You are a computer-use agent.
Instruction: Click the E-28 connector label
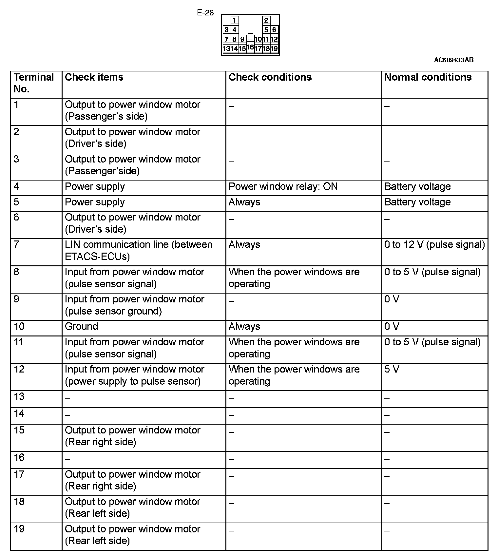tap(205, 13)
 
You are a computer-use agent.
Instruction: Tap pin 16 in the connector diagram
tap(250, 47)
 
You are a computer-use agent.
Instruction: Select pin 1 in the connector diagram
tap(235, 20)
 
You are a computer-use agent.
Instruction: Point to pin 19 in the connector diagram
tap(274, 48)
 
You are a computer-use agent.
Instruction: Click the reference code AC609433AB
tap(453, 60)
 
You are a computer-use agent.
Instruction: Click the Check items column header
tap(94, 77)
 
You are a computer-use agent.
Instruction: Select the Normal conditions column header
tap(428, 77)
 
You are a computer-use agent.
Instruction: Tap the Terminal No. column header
tap(33, 83)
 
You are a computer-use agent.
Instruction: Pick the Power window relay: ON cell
tap(283, 187)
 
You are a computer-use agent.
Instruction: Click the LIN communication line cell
tap(138, 251)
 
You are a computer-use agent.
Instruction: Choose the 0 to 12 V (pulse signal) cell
tap(434, 245)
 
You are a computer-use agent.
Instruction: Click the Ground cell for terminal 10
tap(81, 327)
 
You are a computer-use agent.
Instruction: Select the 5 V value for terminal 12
tap(392, 370)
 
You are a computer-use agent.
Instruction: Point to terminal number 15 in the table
tap(19, 430)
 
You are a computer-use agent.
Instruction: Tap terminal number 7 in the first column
tap(16, 245)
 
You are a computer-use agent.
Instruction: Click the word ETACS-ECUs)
tap(97, 257)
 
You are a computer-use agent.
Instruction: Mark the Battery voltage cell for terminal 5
tap(417, 202)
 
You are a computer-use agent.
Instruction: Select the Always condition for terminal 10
tap(244, 327)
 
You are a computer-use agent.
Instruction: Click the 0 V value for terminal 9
tap(392, 299)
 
